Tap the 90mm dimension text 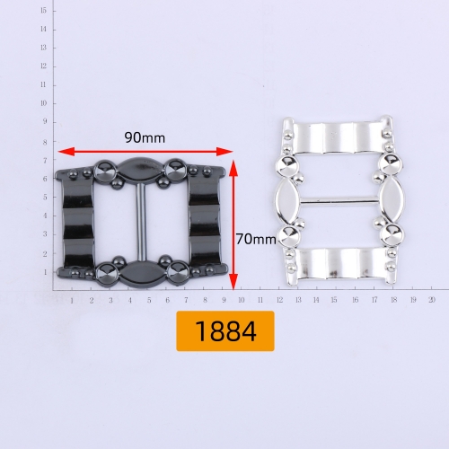(145, 138)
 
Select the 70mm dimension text (256, 239)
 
